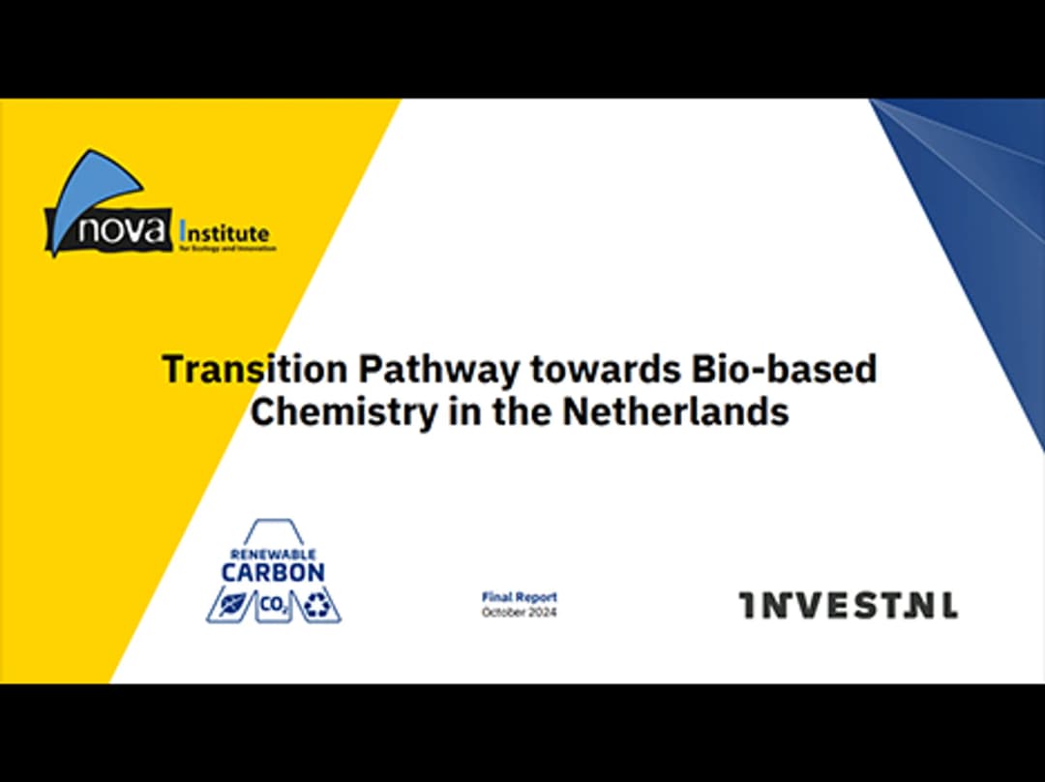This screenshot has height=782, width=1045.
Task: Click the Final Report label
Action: [520, 598]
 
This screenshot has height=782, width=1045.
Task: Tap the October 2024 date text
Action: [520, 612]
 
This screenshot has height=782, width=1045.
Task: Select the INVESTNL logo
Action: [849, 606]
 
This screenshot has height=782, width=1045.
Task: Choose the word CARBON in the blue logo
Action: [272, 572]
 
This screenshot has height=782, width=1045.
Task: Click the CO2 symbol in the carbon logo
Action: [273, 606]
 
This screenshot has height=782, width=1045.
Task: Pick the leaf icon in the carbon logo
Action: [229, 607]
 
